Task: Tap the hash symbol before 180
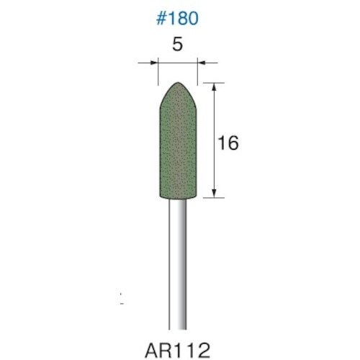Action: coord(159,18)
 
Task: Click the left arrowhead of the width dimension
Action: coord(153,64)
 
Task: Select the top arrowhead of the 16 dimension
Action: coord(214,86)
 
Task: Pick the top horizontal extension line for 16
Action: coord(205,82)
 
